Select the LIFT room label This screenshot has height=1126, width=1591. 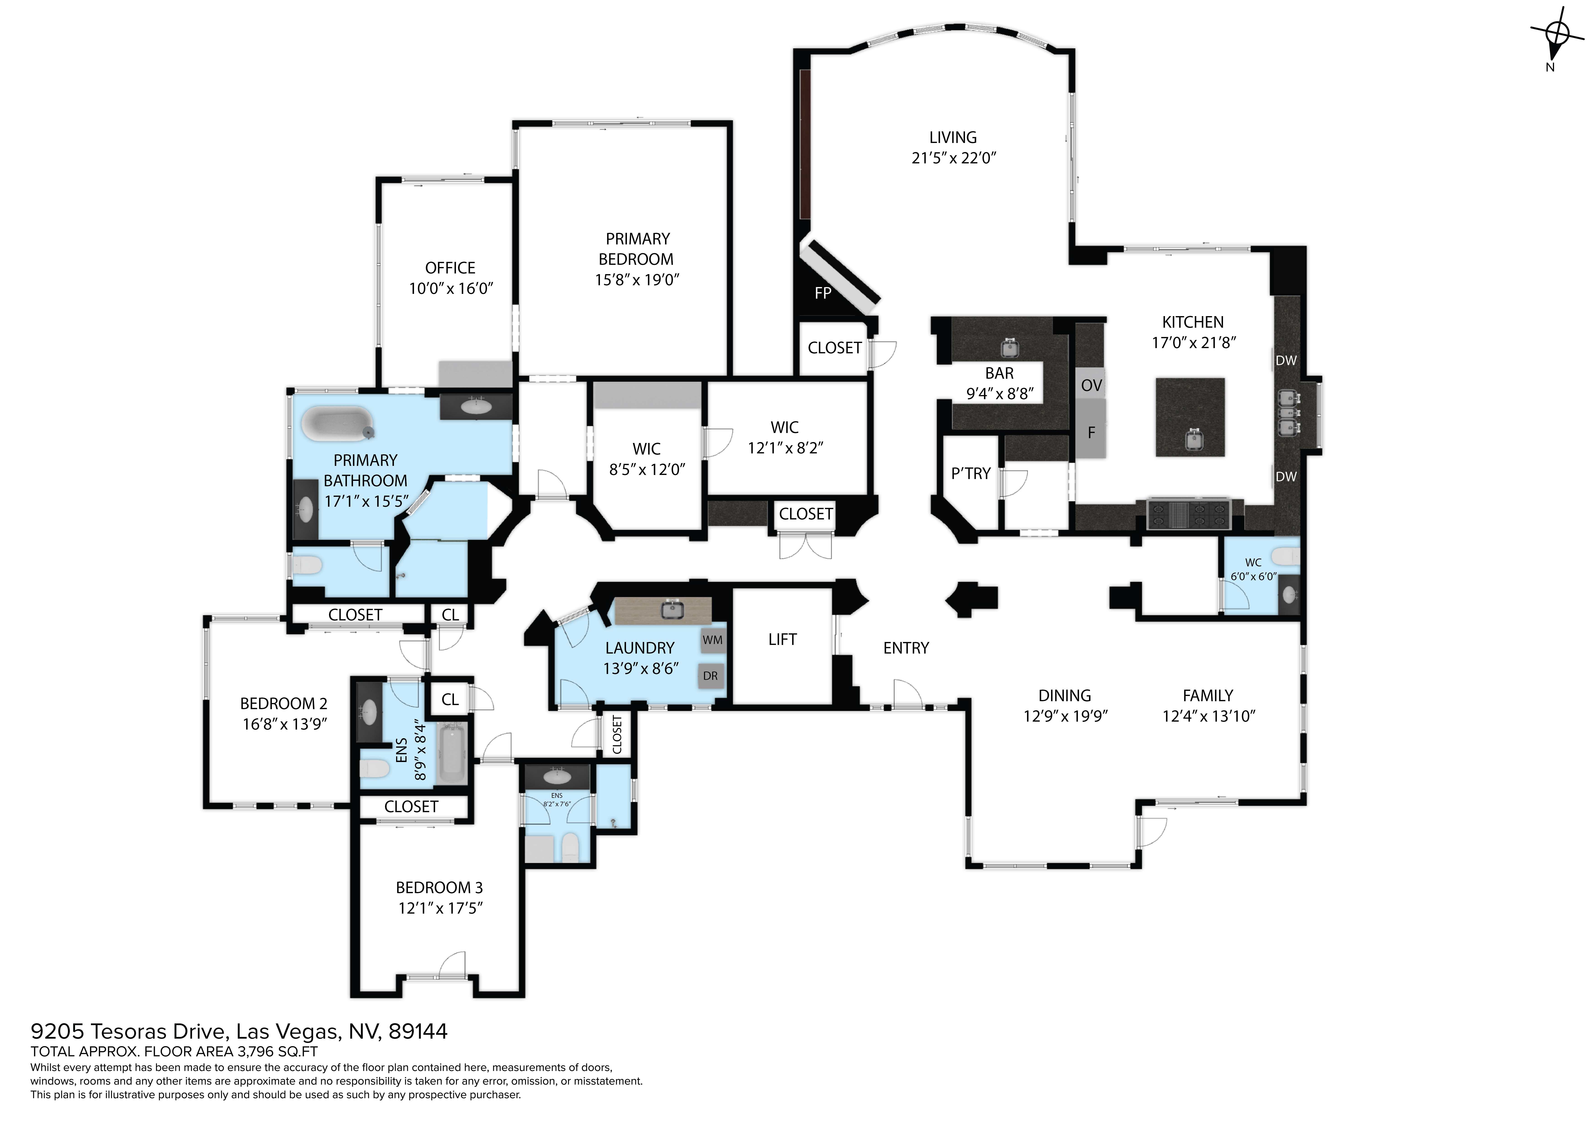point(782,639)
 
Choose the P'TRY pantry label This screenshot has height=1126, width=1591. point(971,474)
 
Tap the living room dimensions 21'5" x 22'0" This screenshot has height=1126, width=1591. point(953,158)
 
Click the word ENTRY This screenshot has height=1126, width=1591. point(906,648)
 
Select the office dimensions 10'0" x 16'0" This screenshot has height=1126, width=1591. point(451,288)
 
